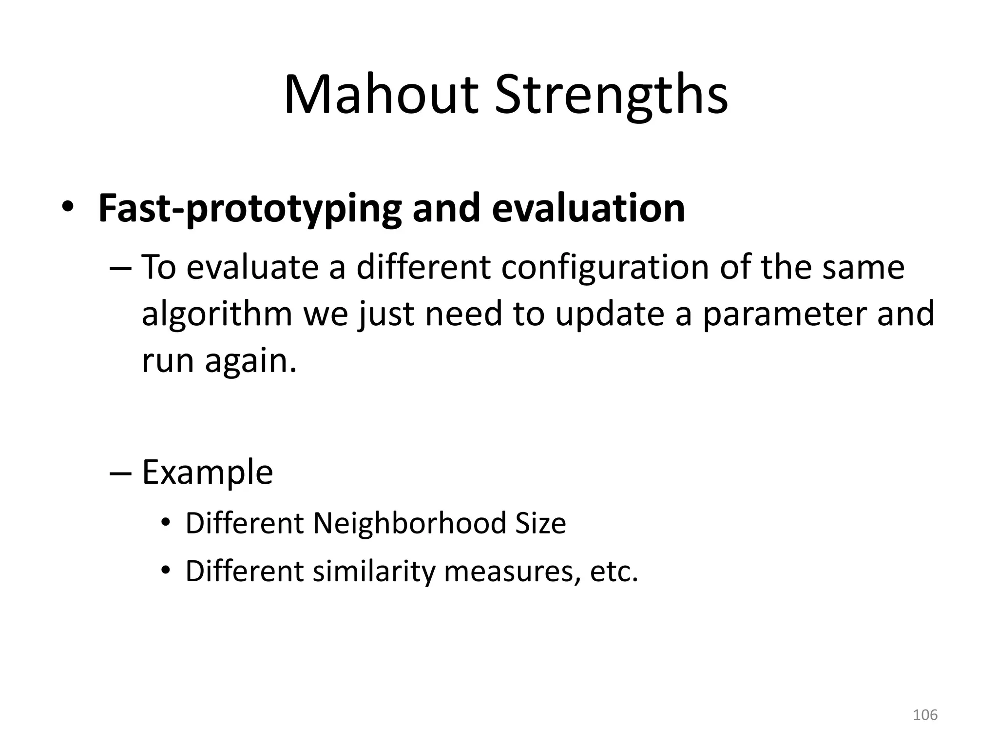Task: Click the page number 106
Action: point(925,715)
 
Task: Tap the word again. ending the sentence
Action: point(250,362)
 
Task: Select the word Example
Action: point(207,473)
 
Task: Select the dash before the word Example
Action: point(120,473)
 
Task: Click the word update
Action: point(610,315)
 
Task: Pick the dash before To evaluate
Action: point(120,268)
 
